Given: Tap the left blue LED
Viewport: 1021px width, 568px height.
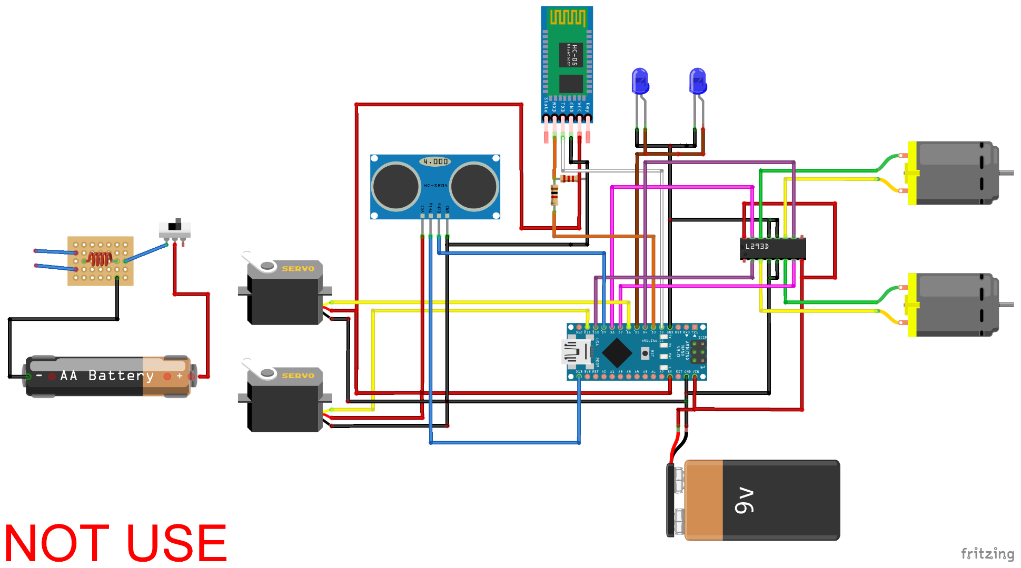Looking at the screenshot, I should pos(640,81).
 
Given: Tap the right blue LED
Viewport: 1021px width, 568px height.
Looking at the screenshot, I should pos(698,81).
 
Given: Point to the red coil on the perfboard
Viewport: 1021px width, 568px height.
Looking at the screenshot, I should pos(100,259).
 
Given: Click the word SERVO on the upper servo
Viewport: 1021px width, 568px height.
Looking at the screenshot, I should pos(298,269).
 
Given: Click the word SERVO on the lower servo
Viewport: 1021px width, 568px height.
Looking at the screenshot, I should pos(298,376).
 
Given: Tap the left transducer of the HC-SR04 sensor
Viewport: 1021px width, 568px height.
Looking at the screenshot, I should pos(395,186).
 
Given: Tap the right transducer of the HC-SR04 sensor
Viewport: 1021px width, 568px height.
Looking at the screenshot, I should pos(473,186).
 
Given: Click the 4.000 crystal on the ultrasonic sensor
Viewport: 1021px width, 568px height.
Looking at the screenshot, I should pos(435,161).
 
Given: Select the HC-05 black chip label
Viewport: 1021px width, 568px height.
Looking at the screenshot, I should pos(571,55).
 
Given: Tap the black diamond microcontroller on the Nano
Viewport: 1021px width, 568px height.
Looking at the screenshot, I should pos(617,353).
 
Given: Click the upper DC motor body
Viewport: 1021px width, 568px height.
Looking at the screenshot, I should pos(953,173).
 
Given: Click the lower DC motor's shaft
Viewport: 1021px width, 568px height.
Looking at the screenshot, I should pos(1006,305).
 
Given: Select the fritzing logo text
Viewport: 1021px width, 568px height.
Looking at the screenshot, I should pos(987,554).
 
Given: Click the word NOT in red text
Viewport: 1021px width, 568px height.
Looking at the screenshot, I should pos(57,543).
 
